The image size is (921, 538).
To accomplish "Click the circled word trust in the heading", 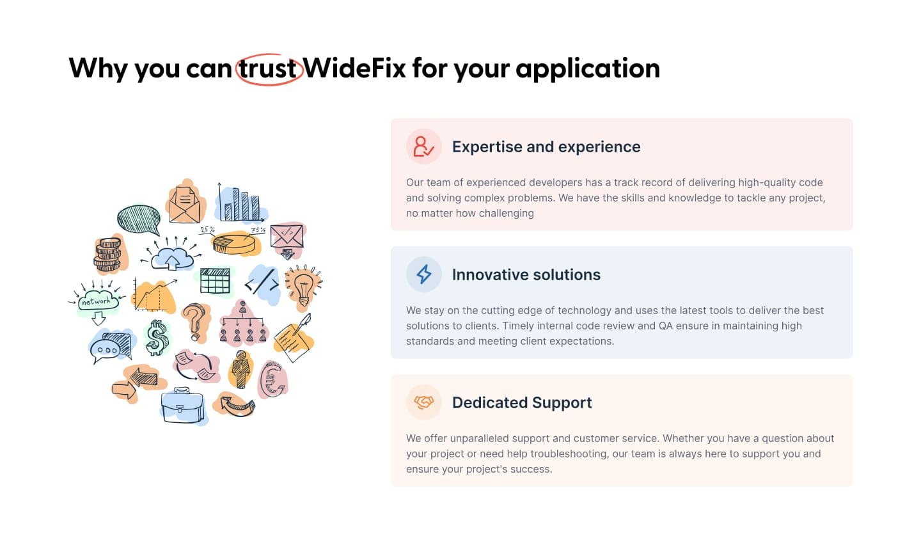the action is (267, 68).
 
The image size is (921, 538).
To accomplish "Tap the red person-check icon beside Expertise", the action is (423, 146).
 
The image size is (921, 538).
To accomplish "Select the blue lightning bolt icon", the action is (423, 274).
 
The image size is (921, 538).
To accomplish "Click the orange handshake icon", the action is (423, 402).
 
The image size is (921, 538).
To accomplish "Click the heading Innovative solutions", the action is (526, 275).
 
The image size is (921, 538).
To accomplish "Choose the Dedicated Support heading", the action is (522, 402).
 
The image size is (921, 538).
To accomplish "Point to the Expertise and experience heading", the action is (546, 147).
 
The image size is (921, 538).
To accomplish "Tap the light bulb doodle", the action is (304, 287).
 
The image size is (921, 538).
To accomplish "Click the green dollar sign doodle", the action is (157, 338).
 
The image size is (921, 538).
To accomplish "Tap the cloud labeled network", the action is (98, 302).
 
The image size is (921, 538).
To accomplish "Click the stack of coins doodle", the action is (107, 255).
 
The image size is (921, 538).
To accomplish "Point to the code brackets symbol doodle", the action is (262, 283).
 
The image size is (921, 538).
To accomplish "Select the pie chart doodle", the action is (234, 242).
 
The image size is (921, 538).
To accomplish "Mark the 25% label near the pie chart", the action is (207, 230).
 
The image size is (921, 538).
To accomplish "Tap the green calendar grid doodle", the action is (215, 281).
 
